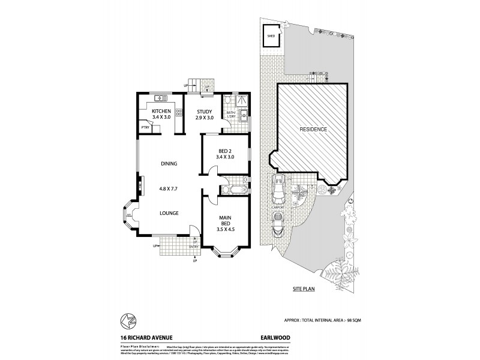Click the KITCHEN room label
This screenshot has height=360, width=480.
pyautogui.click(x=161, y=112)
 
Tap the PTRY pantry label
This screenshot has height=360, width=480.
pyautogui.click(x=145, y=127)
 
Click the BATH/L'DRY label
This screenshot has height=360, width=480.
pyautogui.click(x=230, y=113)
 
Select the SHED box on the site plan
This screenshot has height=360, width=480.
pyautogui.click(x=271, y=35)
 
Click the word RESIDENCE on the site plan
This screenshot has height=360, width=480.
pyautogui.click(x=313, y=129)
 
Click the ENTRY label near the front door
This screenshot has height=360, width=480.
pyautogui.click(x=194, y=247)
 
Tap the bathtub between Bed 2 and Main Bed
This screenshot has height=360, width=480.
pyautogui.click(x=229, y=190)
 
